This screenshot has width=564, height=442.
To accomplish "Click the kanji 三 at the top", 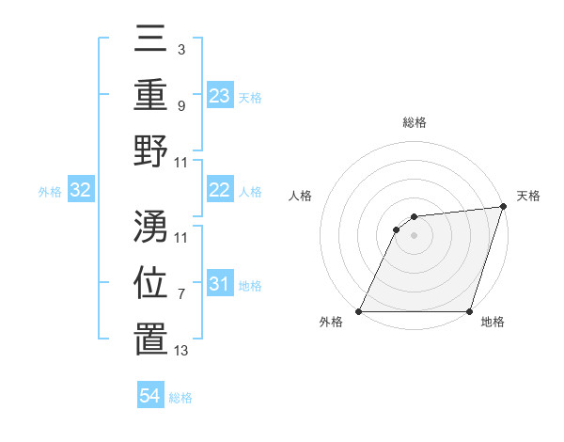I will pyautogui.click(x=150, y=39).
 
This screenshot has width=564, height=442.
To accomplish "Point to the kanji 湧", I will pyautogui.click(x=150, y=227).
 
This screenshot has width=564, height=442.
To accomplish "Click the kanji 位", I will pyautogui.click(x=150, y=283).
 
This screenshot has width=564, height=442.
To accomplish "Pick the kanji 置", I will pyautogui.click(x=150, y=339).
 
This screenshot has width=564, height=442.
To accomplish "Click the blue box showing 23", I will pyautogui.click(x=220, y=95).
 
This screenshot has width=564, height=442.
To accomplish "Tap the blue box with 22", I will pyautogui.click(x=220, y=190).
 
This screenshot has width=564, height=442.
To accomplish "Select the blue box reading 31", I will pyautogui.click(x=220, y=284).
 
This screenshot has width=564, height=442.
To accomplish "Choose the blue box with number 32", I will pyautogui.click(x=81, y=190).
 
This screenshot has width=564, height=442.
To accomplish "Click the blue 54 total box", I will pyautogui.click(x=150, y=396).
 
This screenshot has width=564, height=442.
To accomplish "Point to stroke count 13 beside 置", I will pyautogui.click(x=181, y=351).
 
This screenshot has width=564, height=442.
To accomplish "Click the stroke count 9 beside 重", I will pyautogui.click(x=180, y=106).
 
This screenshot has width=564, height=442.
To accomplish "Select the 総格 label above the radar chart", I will pyautogui.click(x=414, y=123).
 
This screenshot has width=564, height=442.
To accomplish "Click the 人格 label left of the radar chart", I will pyautogui.click(x=302, y=196).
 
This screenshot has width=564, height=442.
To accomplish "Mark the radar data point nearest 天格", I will pyautogui.click(x=502, y=208).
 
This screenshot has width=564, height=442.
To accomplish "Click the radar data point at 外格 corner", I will pyautogui.click(x=358, y=311).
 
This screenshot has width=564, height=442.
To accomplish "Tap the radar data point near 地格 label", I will pyautogui.click(x=469, y=311).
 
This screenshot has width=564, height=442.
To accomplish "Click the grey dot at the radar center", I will pyautogui.click(x=414, y=236).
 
